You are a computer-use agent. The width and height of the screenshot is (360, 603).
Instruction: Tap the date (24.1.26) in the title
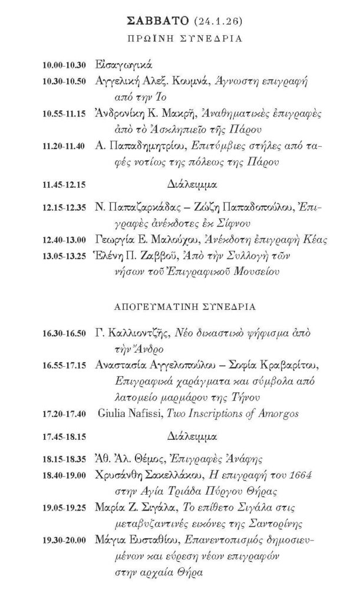point(211,23)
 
